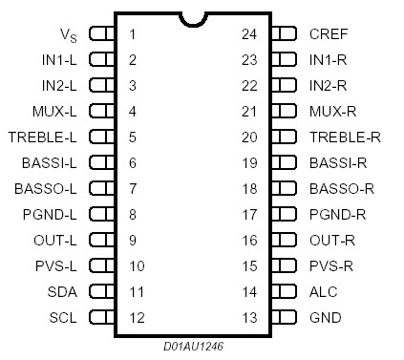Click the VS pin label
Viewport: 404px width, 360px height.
[68, 34]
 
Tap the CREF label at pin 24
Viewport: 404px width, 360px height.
[329, 33]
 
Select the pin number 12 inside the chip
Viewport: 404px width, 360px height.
[136, 317]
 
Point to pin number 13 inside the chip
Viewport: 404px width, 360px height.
[249, 317]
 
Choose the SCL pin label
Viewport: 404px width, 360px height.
[63, 317]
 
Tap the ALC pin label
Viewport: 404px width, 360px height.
[323, 291]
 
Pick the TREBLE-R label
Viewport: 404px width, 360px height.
[345, 137]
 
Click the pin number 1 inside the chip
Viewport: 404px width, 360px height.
[132, 34]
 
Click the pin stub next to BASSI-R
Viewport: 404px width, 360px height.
[284, 162]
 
